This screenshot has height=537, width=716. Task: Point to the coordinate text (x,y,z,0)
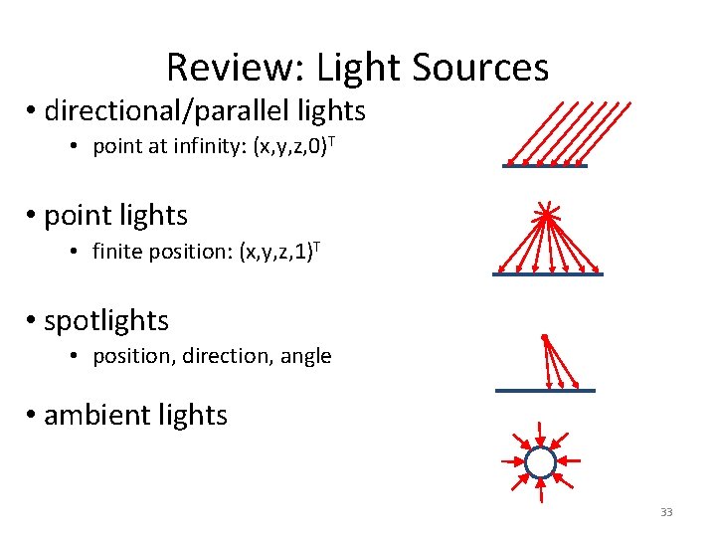[292, 147]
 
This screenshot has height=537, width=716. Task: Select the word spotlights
[106, 321]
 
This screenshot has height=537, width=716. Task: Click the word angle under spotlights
[306, 356]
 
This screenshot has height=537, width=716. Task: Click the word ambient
[89, 415]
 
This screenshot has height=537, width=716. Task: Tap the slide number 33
[666, 512]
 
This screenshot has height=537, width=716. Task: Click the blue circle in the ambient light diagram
[540, 462]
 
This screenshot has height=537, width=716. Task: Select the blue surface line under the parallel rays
[545, 166]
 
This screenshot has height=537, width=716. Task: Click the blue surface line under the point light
[547, 273]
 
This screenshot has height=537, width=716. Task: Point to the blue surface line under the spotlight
[545, 391]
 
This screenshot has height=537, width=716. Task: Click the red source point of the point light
[545, 213]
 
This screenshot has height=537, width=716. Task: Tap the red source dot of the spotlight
[545, 338]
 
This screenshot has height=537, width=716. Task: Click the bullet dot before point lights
[33, 216]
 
